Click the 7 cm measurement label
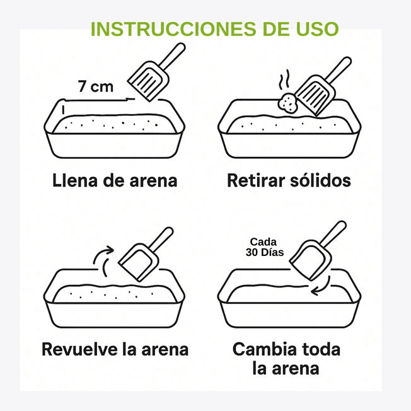(x=96, y=87)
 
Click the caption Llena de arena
(x=114, y=181)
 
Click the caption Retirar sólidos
(x=289, y=181)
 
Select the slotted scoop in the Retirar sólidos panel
(x=317, y=93)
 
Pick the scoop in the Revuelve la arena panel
(x=141, y=258)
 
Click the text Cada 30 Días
(x=266, y=247)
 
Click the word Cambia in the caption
(x=263, y=349)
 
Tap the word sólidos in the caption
(x=320, y=181)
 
